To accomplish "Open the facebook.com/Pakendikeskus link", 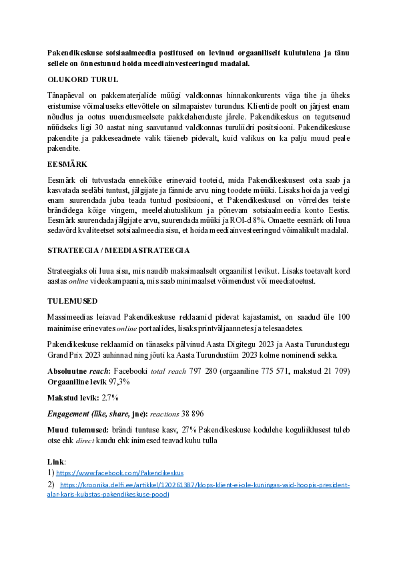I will (121, 472).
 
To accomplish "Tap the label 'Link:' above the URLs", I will (57, 462).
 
